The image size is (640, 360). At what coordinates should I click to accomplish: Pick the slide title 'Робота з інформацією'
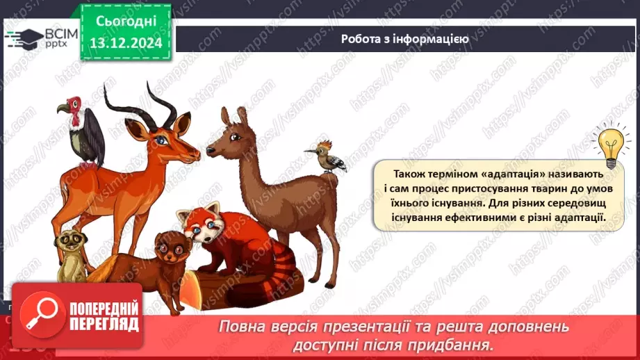click(x=404, y=39)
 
